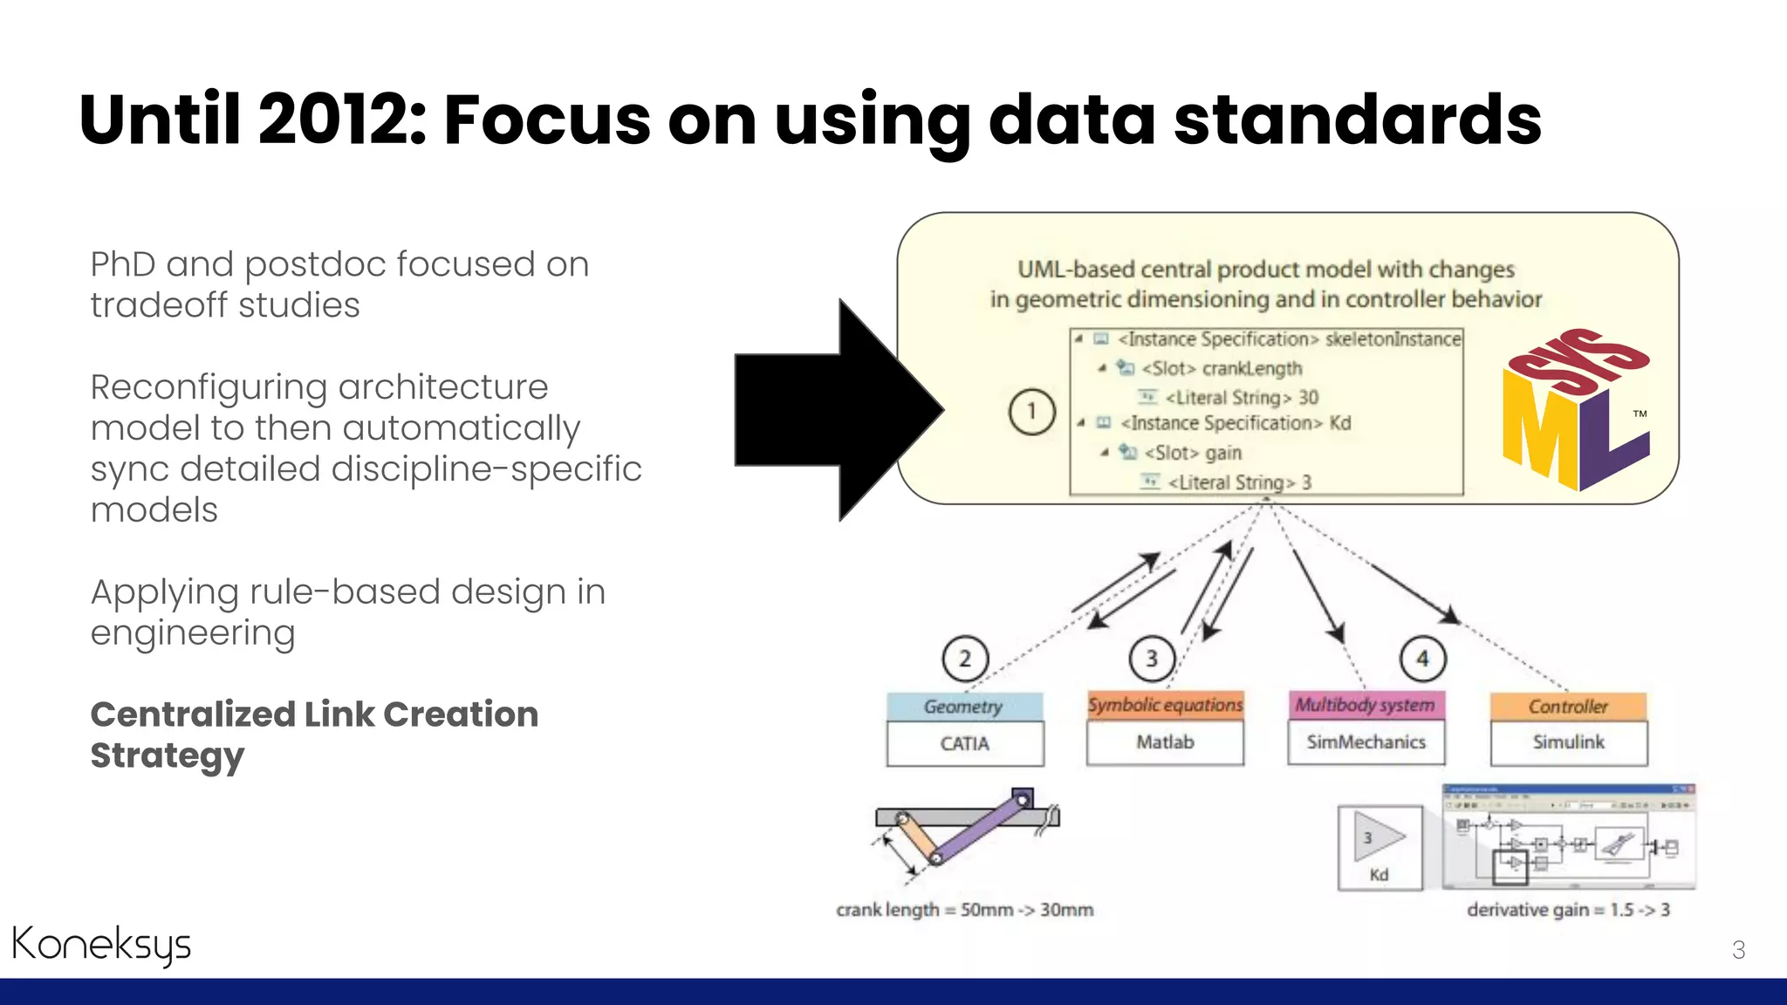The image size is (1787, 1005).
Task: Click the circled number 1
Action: click(1031, 411)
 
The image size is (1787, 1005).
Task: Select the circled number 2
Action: click(965, 659)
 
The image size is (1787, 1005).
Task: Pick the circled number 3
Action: click(1152, 659)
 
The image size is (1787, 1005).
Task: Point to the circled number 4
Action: click(1422, 659)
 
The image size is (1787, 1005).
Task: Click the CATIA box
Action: click(965, 744)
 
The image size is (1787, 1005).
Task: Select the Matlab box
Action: click(1165, 742)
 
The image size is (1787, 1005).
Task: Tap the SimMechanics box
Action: click(1366, 742)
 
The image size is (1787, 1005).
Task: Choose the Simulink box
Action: click(1568, 742)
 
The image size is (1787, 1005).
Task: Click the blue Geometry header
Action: click(964, 707)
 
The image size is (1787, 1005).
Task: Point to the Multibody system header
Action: click(1366, 705)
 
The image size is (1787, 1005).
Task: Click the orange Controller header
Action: click(1568, 707)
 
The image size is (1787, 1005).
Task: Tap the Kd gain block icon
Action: click(1380, 847)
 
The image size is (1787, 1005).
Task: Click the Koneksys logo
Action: click(101, 945)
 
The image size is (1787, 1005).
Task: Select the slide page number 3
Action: click(1738, 950)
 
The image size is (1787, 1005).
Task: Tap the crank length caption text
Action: click(964, 910)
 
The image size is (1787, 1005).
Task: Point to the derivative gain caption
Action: click(1568, 910)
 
